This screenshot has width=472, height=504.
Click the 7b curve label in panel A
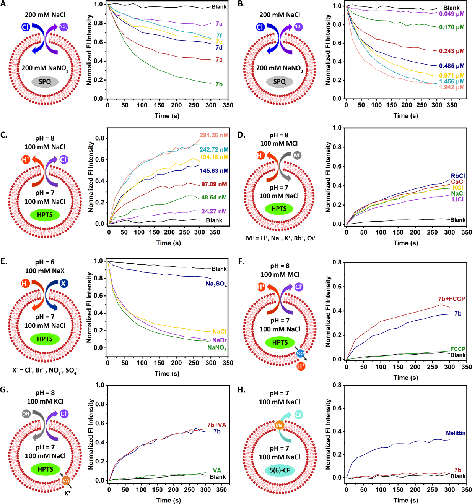pyautogui.click(x=219, y=84)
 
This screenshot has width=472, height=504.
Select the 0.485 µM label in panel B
pyautogui.click(x=452, y=66)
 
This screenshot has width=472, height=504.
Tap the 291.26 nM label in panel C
pyautogui.click(x=214, y=135)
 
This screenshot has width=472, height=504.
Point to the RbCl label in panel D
pyautogui.click(x=458, y=176)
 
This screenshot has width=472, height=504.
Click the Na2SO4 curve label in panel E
pyautogui.click(x=216, y=284)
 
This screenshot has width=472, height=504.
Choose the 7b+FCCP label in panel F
pyautogui.click(x=452, y=299)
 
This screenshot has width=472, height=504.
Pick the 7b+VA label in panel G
pyautogui.click(x=217, y=425)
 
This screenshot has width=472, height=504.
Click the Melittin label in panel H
pyautogui.click(x=456, y=433)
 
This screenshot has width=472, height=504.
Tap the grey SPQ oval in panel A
pyautogui.click(x=45, y=81)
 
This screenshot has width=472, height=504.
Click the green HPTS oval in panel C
pyautogui.click(x=45, y=215)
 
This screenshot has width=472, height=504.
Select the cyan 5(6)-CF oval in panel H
pyautogui.click(x=280, y=470)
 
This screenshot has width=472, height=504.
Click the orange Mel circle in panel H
pyautogui.click(x=280, y=425)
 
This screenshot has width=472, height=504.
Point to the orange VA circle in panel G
pyautogui.click(x=66, y=480)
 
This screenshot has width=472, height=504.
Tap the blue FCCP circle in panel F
pyautogui.click(x=300, y=353)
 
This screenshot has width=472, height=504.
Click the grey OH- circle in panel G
pyautogui.click(x=26, y=414)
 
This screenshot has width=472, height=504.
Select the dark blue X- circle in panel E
pyautogui.click(x=64, y=284)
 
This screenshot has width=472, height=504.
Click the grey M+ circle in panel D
pyautogui.click(x=297, y=155)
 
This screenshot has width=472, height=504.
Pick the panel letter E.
pyautogui.click(x=4, y=261)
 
